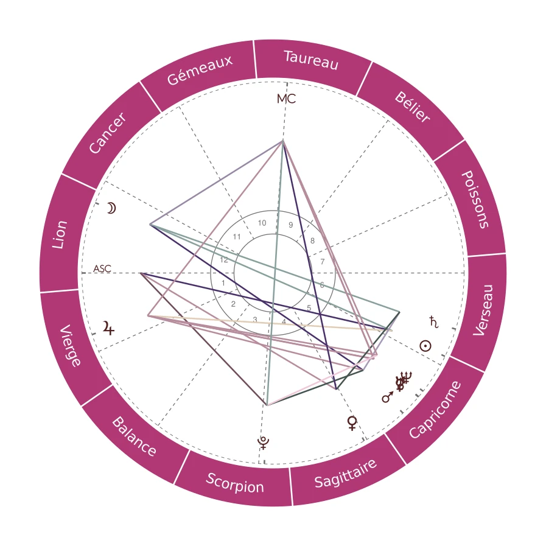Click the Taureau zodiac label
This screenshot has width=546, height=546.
tap(310, 60)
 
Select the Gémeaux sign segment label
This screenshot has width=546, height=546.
tap(200, 71)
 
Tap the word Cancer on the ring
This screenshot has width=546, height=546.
tap(108, 133)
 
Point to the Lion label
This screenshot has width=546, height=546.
tap(60, 234)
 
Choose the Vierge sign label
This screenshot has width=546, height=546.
tap(71, 345)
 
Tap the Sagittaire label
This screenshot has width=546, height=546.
tap(345, 472)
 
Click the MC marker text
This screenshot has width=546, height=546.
tap(286, 99)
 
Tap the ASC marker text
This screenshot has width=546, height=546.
tap(102, 268)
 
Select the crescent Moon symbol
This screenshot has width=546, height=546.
tap(111, 208)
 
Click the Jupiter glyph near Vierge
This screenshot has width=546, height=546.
tap(108, 329)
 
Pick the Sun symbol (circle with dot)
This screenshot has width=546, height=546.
tap(425, 346)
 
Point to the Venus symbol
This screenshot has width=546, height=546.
tap(351, 422)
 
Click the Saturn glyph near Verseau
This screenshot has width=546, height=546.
tap(434, 321)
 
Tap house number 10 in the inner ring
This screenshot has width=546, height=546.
tap(262, 223)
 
